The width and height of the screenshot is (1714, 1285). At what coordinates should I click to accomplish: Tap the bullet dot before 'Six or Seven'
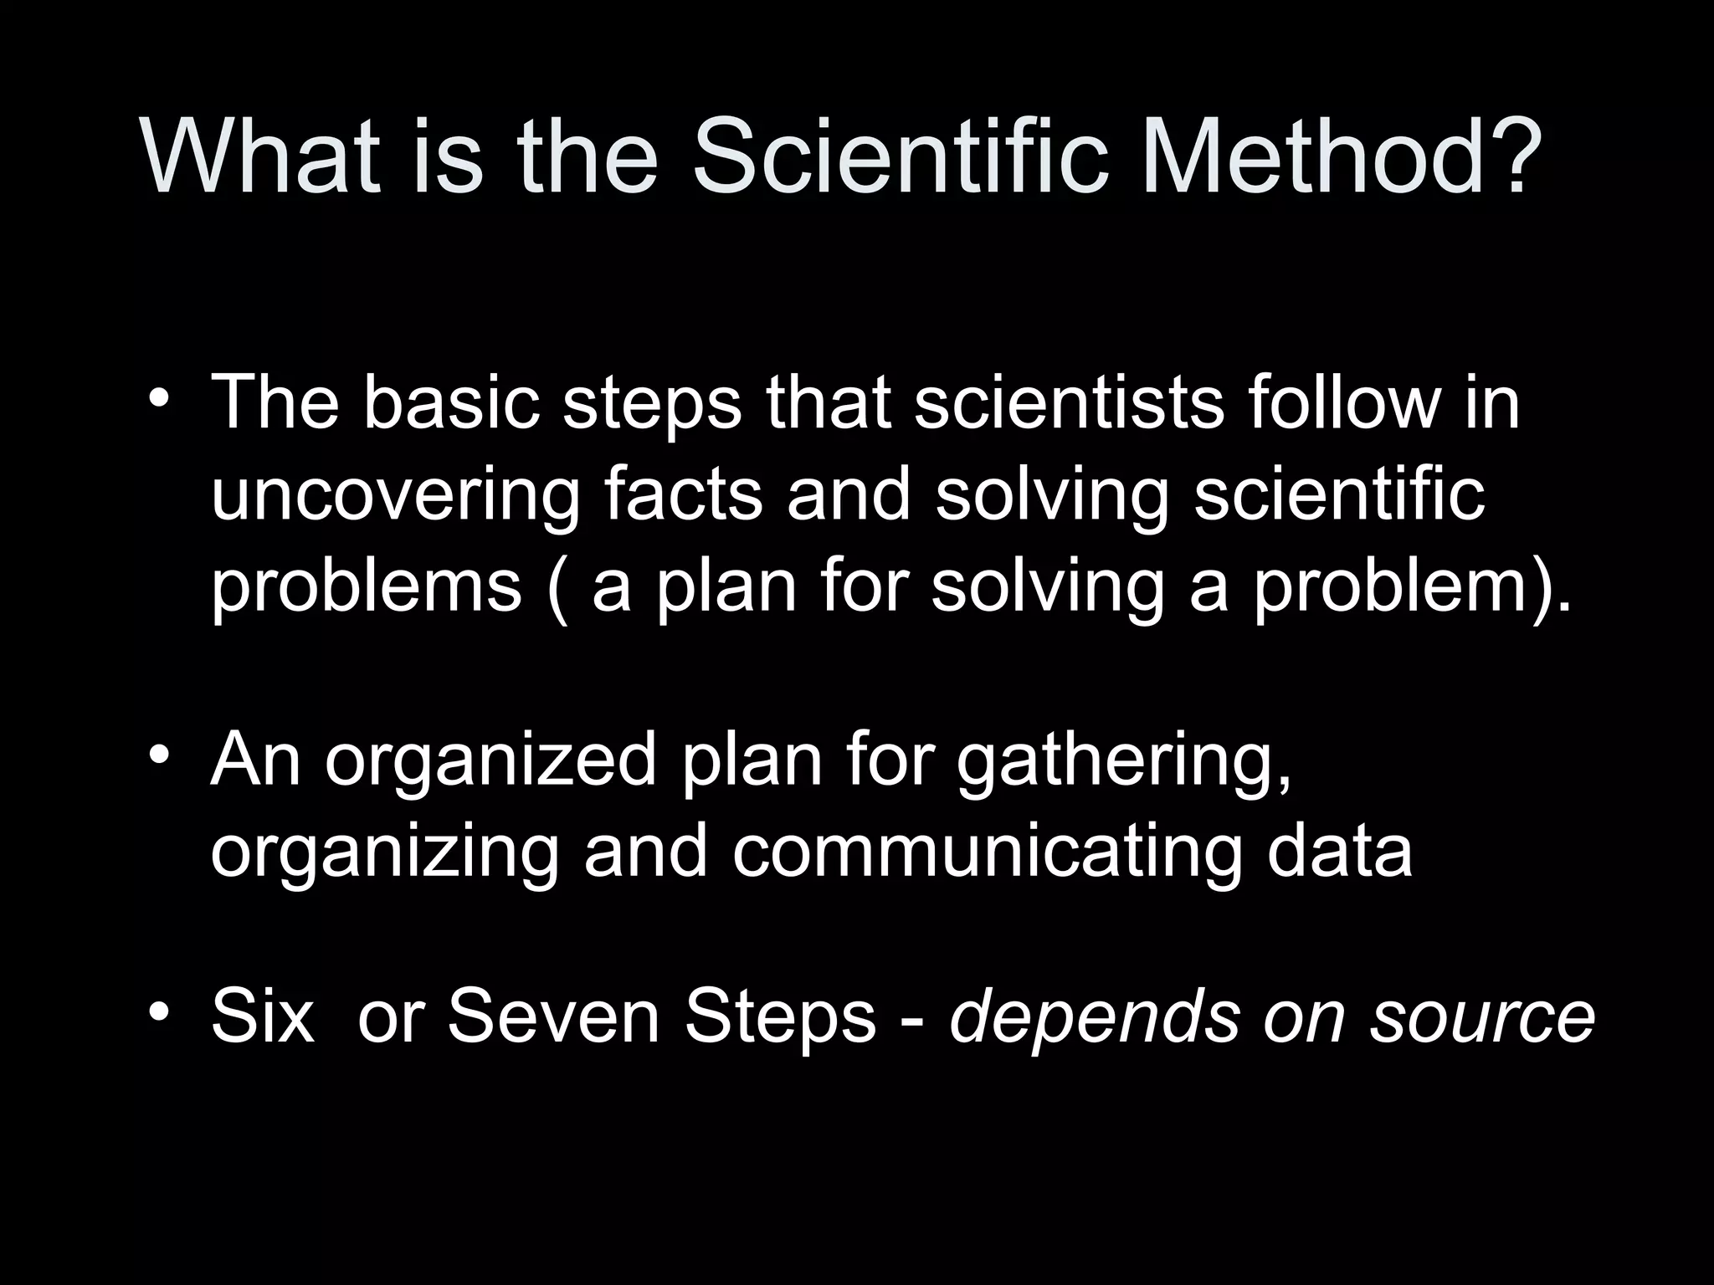pyautogui.click(x=159, y=1013)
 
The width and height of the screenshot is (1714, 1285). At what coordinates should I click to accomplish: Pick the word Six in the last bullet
pyautogui.click(x=263, y=1016)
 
